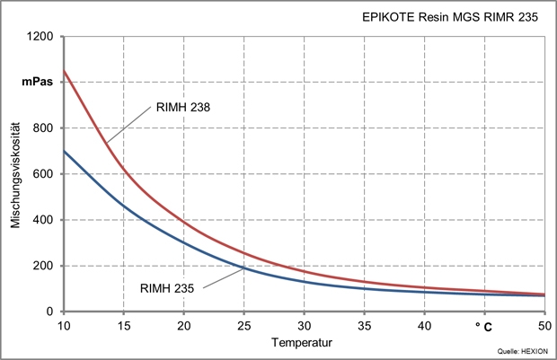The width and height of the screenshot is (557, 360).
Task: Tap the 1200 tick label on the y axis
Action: point(41,37)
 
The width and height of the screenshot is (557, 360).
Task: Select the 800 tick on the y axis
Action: point(45,128)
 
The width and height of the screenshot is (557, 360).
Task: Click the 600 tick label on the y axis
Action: point(45,174)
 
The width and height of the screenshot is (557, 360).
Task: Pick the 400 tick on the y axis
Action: point(45,220)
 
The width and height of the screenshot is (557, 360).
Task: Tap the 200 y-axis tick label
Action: point(45,266)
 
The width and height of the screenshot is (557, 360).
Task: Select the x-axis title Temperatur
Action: point(305,341)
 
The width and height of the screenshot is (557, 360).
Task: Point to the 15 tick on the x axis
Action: point(123,324)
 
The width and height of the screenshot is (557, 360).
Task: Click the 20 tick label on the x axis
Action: point(183,324)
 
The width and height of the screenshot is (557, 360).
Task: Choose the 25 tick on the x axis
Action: point(243,324)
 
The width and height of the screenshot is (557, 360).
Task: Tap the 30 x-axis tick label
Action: point(304,324)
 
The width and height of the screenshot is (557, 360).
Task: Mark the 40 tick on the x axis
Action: point(425,324)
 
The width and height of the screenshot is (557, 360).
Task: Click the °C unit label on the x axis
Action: point(485,324)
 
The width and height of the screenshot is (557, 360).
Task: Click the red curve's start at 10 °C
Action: point(63,71)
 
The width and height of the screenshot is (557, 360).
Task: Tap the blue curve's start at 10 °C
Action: point(63,151)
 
